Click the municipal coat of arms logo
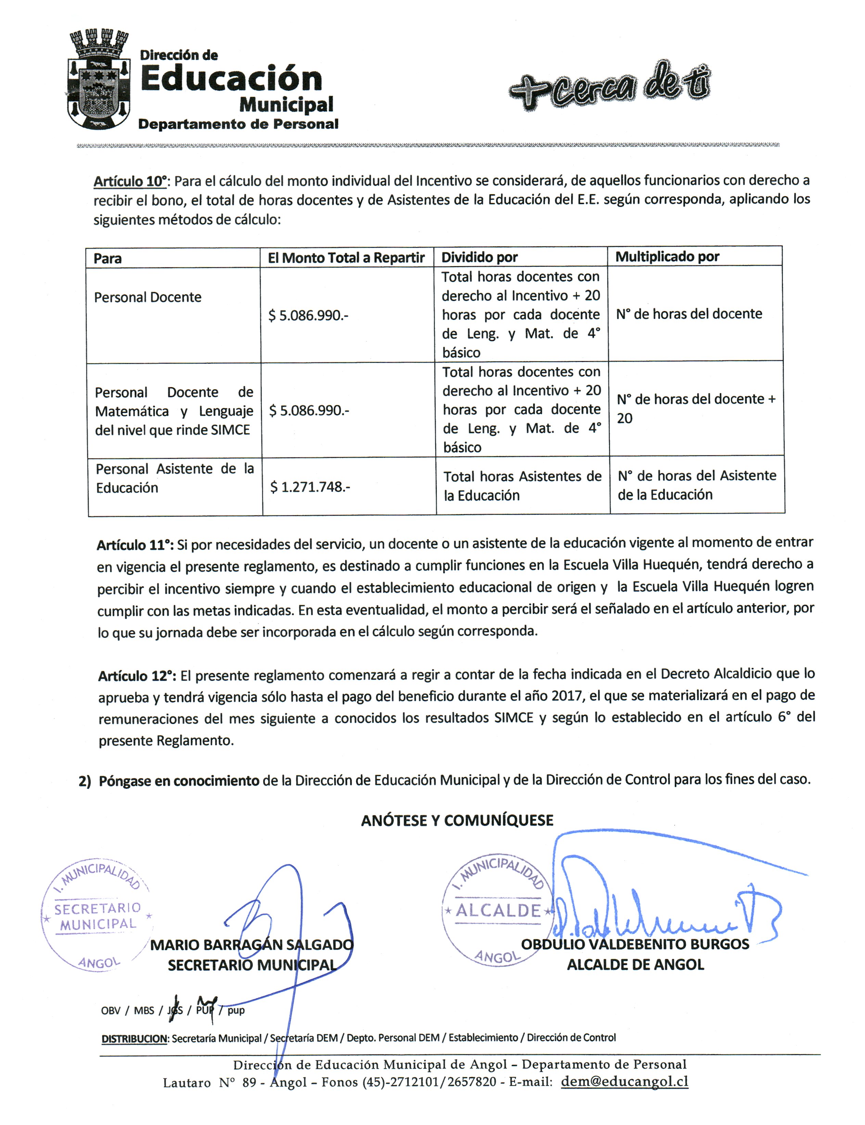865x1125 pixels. pyautogui.click(x=98, y=80)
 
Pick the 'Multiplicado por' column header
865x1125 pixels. pyautogui.click(x=667, y=257)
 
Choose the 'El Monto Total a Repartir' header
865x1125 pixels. pyautogui.click(x=346, y=258)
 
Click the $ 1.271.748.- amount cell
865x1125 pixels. pyautogui.click(x=310, y=487)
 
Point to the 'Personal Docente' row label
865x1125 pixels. pyautogui.click(x=148, y=297)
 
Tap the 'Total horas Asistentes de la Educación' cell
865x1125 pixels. pyautogui.click(x=522, y=486)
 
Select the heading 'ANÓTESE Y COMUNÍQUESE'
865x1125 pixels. pyautogui.click(x=457, y=821)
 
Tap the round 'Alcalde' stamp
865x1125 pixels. pyautogui.click(x=497, y=911)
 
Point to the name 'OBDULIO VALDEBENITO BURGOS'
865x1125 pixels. pyautogui.click(x=635, y=944)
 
